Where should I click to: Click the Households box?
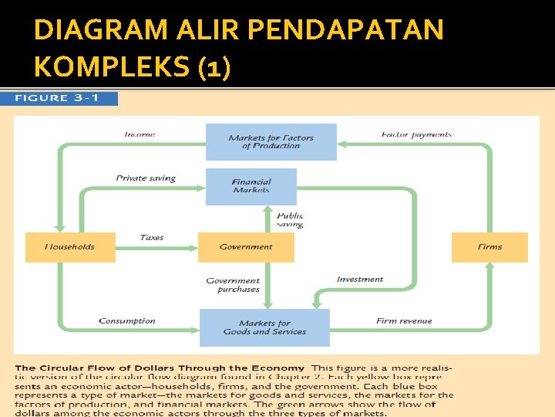[70, 247]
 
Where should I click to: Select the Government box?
[246, 247]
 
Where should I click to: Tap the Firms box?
[489, 247]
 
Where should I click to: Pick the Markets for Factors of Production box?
[271, 142]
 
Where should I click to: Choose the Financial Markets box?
[251, 186]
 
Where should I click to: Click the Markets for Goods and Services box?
[264, 327]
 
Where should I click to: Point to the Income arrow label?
[140, 134]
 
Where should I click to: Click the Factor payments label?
[416, 134]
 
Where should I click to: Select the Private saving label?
[146, 178]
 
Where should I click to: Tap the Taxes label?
[152, 238]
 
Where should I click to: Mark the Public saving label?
[291, 220]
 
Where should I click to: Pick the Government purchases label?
[234, 285]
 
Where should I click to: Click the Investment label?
[359, 280]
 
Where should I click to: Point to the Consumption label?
[127, 321]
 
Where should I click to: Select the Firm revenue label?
[404, 321]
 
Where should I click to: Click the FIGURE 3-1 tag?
[66, 99]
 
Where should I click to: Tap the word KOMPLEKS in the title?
[113, 67]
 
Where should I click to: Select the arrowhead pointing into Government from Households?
[193, 247]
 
